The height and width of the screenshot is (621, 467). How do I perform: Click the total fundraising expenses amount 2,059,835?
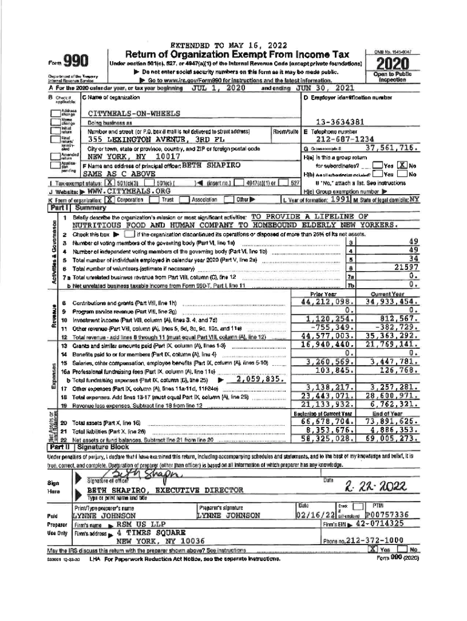click(260, 379)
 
